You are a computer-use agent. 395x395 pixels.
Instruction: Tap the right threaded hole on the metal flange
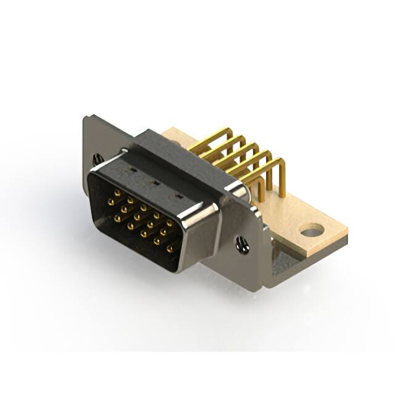pyautogui.click(x=243, y=246)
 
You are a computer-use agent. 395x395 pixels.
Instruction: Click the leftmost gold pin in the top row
pyautogui.click(x=110, y=193)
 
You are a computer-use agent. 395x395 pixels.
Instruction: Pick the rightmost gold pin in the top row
pyautogui.click(x=169, y=222)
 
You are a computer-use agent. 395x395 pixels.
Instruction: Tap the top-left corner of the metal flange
pyautogui.click(x=86, y=120)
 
